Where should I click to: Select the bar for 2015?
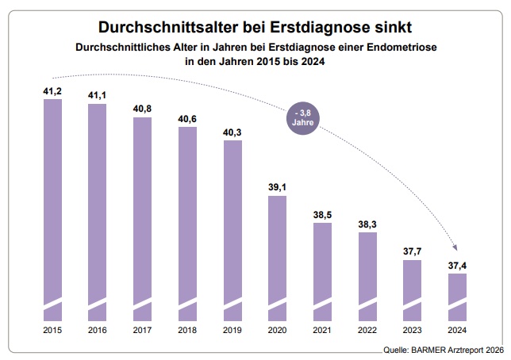pyautogui.click(x=52, y=206)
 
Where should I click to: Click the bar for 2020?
pyautogui.click(x=278, y=254)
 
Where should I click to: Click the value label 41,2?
pyautogui.click(x=52, y=92)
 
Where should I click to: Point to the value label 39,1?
pyautogui.click(x=278, y=188)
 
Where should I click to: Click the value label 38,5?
pyautogui.click(x=323, y=215)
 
